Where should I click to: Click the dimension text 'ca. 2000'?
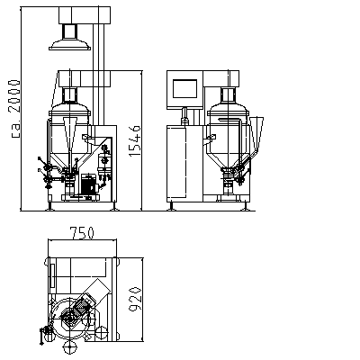pyautogui.click(x=15, y=109)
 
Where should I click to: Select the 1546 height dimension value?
pyautogui.click(x=135, y=141)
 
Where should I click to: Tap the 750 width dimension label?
pyautogui.click(x=82, y=233)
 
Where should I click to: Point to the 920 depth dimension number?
pyautogui.click(x=135, y=299)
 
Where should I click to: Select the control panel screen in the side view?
pyautogui.click(x=184, y=88)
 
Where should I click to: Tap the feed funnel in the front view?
pyautogui.click(x=70, y=133)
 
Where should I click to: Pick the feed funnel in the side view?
pyautogui.click(x=256, y=132)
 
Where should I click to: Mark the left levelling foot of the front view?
pyautogui.click(x=49, y=206)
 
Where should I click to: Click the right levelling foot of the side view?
pyautogui.click(x=246, y=206)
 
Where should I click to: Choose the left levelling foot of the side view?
pyautogui.click(x=171, y=206)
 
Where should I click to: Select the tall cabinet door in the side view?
pyautogui.click(x=176, y=162)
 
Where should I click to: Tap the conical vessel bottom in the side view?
pyautogui.click(x=229, y=157)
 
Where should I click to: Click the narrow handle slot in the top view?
pyautogui.click(x=53, y=275)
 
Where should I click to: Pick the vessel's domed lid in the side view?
pyautogui.click(x=228, y=109)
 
